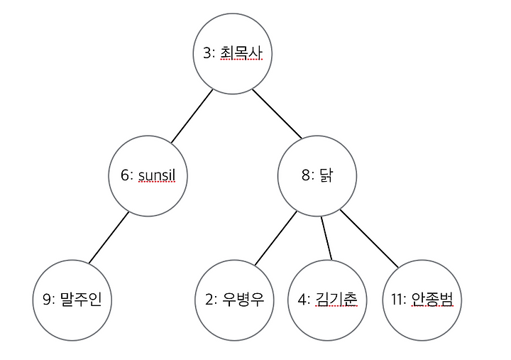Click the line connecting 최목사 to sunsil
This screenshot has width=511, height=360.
pos(192,116)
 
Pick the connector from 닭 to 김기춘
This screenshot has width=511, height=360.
pos(326,237)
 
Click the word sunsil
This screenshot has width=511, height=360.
pos(161,175)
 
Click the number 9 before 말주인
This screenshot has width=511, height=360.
pos(46,300)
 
